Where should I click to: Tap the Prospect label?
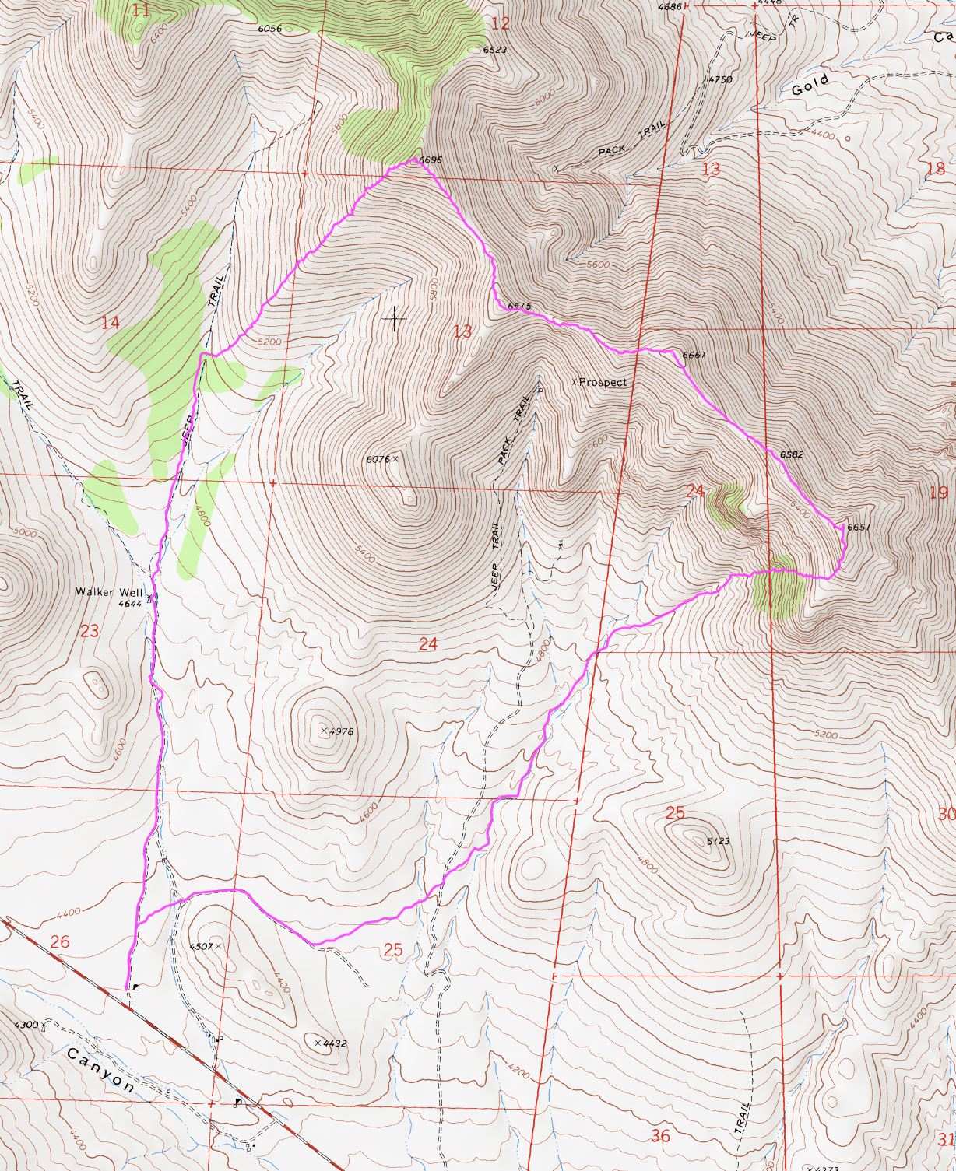[x=603, y=382]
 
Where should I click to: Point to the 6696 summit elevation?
[x=431, y=160]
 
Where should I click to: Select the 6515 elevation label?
[x=519, y=307]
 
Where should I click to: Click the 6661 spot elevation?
[x=693, y=356]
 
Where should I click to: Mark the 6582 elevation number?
[x=792, y=454]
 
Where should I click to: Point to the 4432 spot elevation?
[x=333, y=1043]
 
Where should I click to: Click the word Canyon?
[x=100, y=1070]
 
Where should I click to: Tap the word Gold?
[x=810, y=86]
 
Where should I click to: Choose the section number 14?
[x=111, y=322]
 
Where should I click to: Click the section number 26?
[x=59, y=942]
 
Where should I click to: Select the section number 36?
[x=659, y=1136]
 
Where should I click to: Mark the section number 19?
[x=938, y=492]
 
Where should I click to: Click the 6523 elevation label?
[x=495, y=49]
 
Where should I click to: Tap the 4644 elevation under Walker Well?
[x=130, y=603]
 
